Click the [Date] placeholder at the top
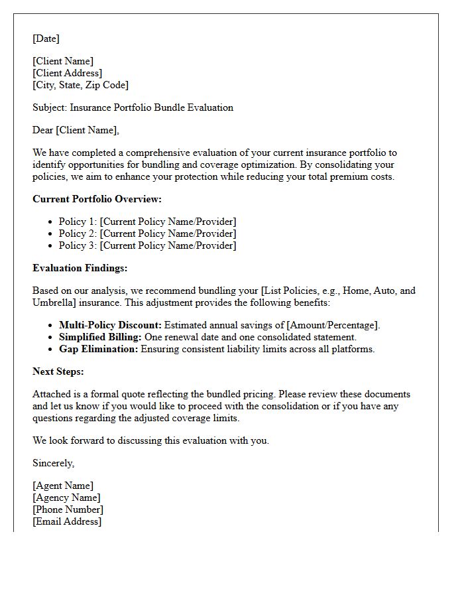tap(46, 38)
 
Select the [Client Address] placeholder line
tap(67, 73)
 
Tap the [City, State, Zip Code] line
tap(80, 85)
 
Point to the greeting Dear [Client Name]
tap(76, 130)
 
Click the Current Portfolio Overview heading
tap(97, 199)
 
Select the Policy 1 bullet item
tap(147, 222)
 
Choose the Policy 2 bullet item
tap(147, 233)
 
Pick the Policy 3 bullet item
tap(147, 245)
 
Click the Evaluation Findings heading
tap(80, 268)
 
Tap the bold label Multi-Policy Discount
tap(110, 325)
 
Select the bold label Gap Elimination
tap(98, 349)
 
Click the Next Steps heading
tap(58, 371)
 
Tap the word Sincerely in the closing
tap(53, 463)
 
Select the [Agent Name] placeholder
tap(63, 486)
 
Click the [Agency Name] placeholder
tap(66, 497)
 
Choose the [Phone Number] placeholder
tap(68, 509)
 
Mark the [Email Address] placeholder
tap(67, 521)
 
